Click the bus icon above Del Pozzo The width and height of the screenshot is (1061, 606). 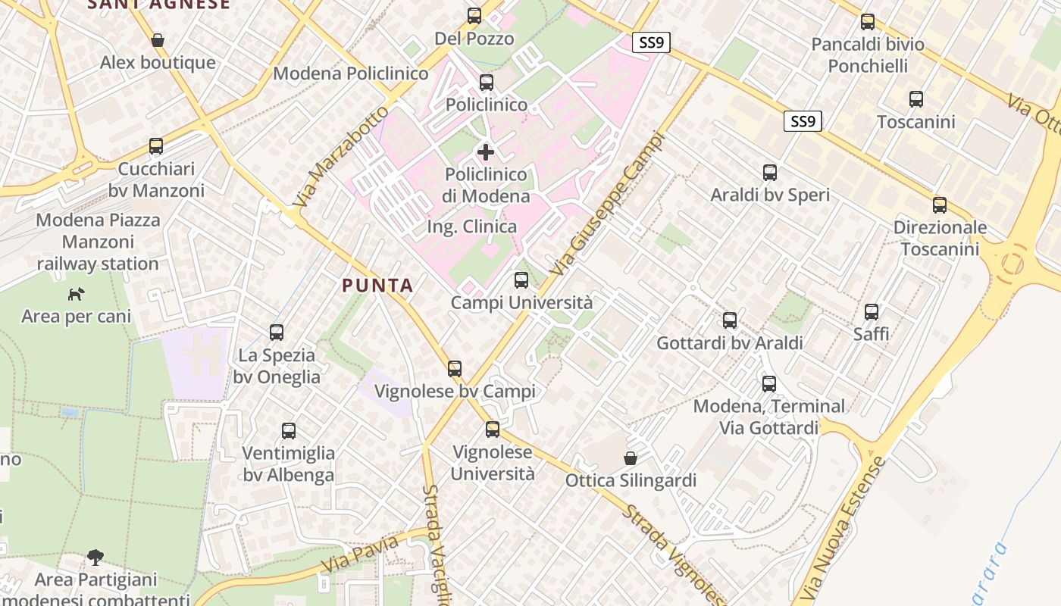pyautogui.click(x=474, y=15)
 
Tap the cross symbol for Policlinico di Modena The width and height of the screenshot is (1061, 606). pyautogui.click(x=486, y=151)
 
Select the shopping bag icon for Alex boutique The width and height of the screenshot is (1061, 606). pyautogui.click(x=158, y=39)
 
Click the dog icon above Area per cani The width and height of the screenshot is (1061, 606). pyautogui.click(x=76, y=293)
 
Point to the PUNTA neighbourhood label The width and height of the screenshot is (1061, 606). pyautogui.click(x=377, y=286)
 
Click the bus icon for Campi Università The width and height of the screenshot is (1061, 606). pyautogui.click(x=521, y=280)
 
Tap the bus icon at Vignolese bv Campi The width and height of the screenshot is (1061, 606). pyautogui.click(x=455, y=369)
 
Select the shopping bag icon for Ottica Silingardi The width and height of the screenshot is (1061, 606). pyautogui.click(x=630, y=458)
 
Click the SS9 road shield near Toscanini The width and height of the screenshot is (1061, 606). pyautogui.click(x=803, y=121)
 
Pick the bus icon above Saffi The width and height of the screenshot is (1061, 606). pyautogui.click(x=872, y=311)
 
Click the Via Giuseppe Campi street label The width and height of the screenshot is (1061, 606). pyautogui.click(x=609, y=205)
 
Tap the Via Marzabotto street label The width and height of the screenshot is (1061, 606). pyautogui.click(x=340, y=158)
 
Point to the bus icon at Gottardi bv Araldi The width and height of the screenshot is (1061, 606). pyautogui.click(x=730, y=320)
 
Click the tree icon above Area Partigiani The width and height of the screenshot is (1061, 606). pyautogui.click(x=95, y=558)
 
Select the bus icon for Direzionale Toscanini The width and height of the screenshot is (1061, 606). pyautogui.click(x=940, y=205)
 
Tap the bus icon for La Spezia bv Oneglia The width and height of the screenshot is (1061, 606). pyautogui.click(x=277, y=332)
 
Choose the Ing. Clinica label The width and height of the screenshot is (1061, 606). pyautogui.click(x=471, y=226)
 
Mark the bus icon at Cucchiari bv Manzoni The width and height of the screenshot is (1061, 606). pyautogui.click(x=156, y=146)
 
